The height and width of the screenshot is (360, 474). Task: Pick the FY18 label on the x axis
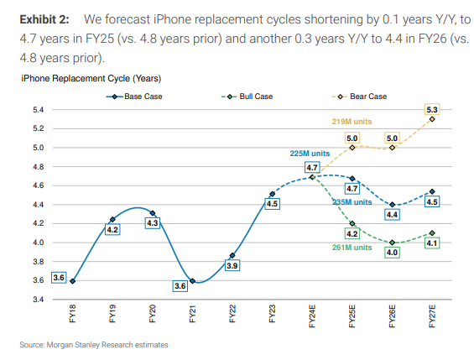[74, 316]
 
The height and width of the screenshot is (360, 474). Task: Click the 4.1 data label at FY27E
[433, 243]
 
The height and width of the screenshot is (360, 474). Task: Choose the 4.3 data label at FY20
[152, 224]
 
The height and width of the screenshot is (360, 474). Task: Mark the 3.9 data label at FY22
[232, 266]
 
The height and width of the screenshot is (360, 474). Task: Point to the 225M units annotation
[298, 154]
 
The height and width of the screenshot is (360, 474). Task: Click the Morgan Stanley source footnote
[96, 345]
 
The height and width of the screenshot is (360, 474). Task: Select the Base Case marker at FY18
[74, 281]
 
